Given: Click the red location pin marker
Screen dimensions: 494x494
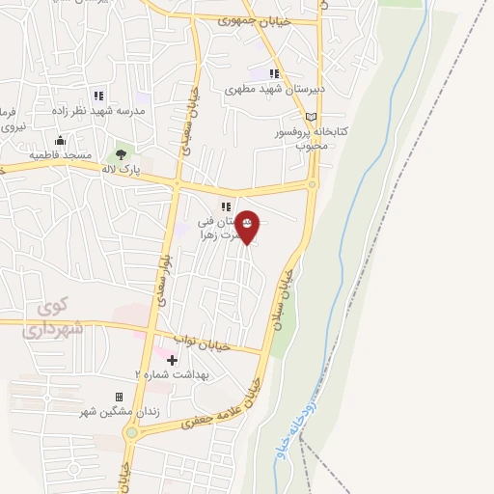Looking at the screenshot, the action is pyautogui.click(x=248, y=227).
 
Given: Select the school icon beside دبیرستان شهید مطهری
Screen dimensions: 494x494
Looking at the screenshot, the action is pyautogui.click(x=275, y=74).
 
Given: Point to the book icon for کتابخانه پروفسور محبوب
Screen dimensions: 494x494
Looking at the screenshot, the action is pyautogui.click(x=310, y=116).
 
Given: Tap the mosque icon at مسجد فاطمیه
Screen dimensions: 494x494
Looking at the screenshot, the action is pyautogui.click(x=60, y=140).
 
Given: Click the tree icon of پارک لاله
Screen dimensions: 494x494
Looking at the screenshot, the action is pyautogui.click(x=121, y=153).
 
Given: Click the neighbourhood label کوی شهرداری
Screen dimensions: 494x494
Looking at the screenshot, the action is pyautogui.click(x=48, y=318).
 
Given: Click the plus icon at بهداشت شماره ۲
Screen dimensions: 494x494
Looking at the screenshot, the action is pyautogui.click(x=173, y=360).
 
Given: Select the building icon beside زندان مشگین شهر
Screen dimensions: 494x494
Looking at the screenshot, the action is pyautogui.click(x=119, y=397).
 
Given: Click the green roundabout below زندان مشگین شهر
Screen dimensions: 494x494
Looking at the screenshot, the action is pyautogui.click(x=130, y=433).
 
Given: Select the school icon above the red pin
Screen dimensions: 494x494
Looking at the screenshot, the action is pyautogui.click(x=226, y=206).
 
